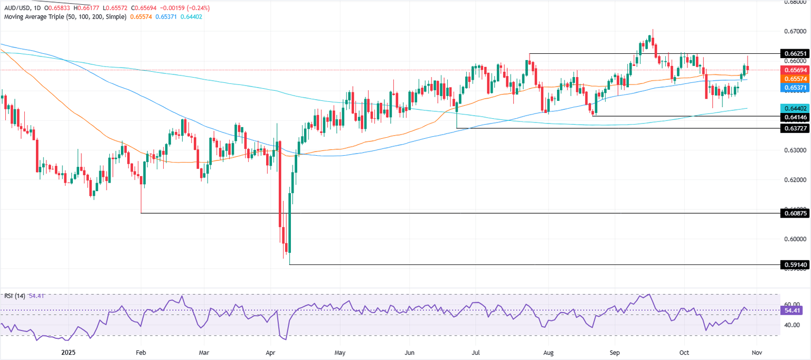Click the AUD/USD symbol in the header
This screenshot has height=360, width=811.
point(16,8)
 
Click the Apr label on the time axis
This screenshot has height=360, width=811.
point(271,352)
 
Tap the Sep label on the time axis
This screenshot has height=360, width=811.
point(614,352)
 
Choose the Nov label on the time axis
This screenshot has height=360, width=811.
point(757,352)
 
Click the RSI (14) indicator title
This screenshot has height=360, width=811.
point(16,296)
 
